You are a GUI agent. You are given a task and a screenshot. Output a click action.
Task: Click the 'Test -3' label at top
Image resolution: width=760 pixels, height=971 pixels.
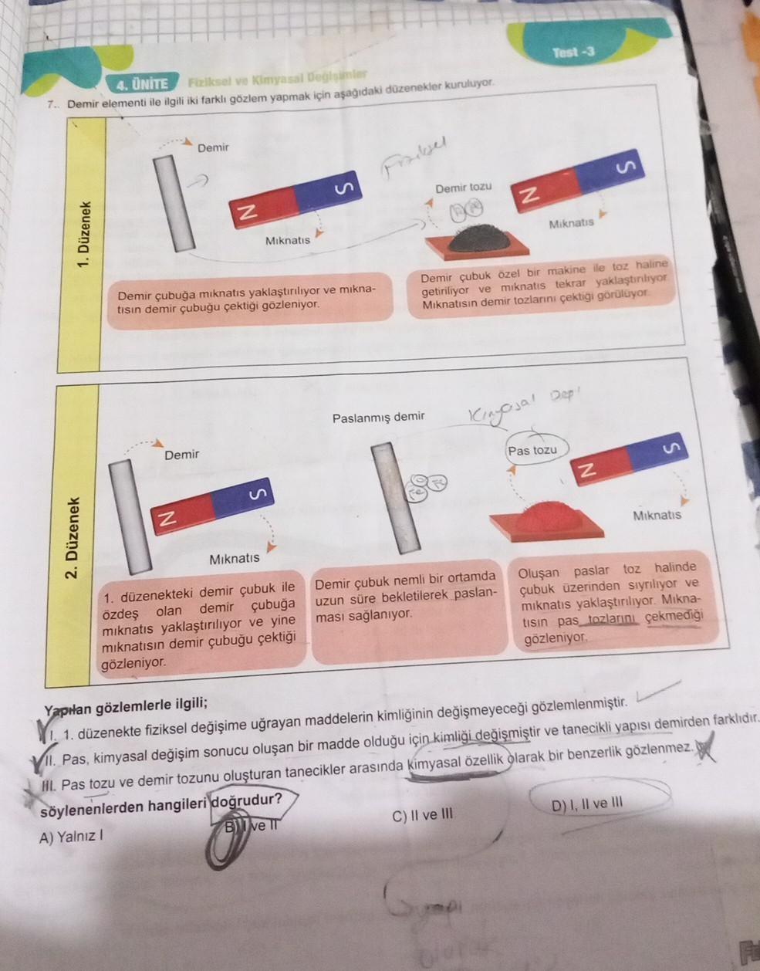(x=573, y=52)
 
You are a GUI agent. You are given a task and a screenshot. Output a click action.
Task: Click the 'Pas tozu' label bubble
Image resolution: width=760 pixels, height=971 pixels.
(x=532, y=450)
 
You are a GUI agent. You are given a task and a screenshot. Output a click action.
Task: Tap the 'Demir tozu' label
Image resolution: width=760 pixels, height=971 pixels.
(x=463, y=188)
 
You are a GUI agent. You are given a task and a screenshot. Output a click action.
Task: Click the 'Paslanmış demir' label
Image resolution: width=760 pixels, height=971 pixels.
(x=378, y=417)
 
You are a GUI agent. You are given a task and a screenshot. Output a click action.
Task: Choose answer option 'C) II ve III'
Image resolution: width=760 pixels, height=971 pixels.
(x=423, y=814)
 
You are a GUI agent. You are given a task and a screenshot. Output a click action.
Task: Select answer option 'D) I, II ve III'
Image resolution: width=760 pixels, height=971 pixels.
(x=587, y=805)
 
